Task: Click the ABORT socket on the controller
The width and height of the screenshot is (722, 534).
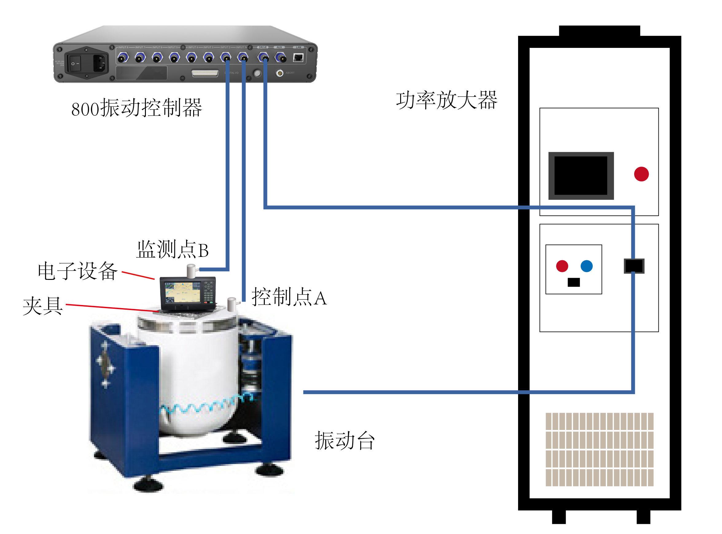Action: point(280,73)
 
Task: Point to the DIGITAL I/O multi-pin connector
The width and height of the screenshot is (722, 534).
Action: point(205,73)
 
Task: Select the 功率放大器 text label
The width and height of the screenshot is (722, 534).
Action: point(447,100)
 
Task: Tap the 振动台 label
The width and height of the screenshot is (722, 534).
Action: point(345,441)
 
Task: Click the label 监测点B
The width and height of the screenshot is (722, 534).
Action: point(172,250)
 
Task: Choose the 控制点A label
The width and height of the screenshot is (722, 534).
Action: point(289,297)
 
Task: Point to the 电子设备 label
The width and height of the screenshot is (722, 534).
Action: point(78,271)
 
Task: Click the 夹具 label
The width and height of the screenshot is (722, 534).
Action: point(43,306)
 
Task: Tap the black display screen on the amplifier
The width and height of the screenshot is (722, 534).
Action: point(581,176)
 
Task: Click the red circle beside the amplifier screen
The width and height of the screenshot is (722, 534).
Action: point(641,174)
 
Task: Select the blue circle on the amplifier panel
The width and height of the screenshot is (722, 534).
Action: point(587,266)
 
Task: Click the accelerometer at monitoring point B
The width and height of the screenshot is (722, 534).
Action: point(192,271)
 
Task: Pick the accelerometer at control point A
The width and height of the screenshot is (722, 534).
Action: point(232,304)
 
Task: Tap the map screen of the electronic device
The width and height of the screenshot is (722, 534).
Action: point(183,292)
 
